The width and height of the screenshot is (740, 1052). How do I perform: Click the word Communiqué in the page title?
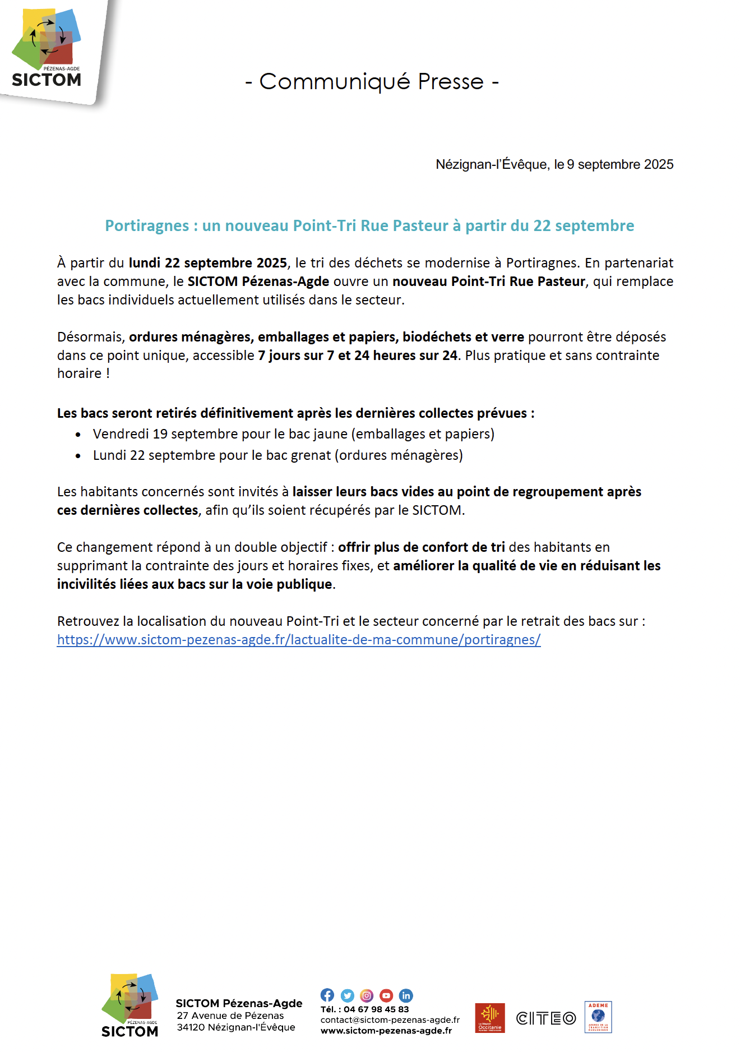[x=335, y=82]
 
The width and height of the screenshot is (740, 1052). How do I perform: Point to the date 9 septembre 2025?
[x=620, y=164]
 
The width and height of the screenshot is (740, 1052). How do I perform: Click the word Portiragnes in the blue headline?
[x=147, y=225]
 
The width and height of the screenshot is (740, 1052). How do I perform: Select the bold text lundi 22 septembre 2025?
[x=207, y=263]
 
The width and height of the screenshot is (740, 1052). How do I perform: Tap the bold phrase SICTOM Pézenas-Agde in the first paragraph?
[x=258, y=282]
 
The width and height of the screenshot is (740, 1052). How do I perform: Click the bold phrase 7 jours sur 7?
[x=295, y=356]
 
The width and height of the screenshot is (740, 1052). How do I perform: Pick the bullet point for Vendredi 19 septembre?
[x=78, y=435]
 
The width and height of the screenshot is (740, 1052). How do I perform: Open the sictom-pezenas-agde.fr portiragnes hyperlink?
[x=299, y=640]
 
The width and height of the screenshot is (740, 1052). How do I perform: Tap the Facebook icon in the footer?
[x=327, y=995]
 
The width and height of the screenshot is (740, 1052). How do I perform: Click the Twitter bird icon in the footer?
[x=348, y=995]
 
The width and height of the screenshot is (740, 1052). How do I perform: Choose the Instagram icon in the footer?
[x=367, y=995]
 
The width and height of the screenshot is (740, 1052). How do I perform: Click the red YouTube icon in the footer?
[x=386, y=995]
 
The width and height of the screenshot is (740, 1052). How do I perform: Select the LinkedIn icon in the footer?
[x=406, y=995]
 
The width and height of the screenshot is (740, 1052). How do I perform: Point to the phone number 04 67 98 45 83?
[x=376, y=1009]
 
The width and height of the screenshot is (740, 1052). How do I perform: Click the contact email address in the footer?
[x=390, y=1020]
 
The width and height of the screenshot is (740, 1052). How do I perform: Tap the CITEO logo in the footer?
[x=545, y=1018]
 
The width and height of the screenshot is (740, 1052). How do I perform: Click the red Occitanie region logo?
[x=489, y=1018]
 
